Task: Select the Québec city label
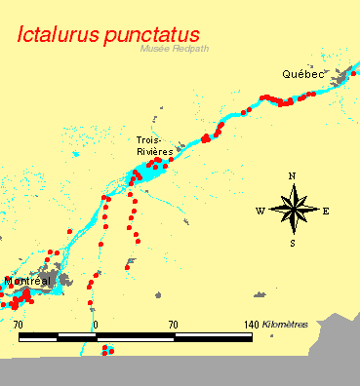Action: point(301,74)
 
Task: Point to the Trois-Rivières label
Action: point(154,146)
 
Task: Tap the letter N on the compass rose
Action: point(292,176)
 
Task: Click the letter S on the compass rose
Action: point(293,243)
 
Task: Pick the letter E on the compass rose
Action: point(326,211)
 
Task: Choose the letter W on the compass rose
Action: point(260,211)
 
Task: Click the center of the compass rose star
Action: point(293,209)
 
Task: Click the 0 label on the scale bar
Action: point(95,324)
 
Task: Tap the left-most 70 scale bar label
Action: point(18,324)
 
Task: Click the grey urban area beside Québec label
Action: point(341,78)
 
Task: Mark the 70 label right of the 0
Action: point(173,324)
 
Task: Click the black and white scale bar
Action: point(135,337)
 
